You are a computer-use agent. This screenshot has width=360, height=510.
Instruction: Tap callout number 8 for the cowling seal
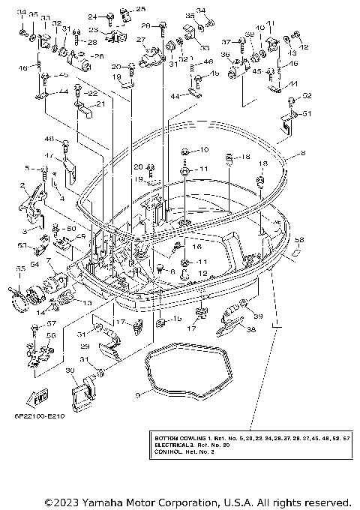[302, 153]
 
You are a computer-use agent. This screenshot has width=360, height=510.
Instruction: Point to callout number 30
[69, 370]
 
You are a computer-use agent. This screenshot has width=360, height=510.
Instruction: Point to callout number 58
[298, 240]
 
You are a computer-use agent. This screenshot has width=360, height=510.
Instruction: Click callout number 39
[259, 317]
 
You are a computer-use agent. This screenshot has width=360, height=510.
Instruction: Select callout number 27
[141, 39]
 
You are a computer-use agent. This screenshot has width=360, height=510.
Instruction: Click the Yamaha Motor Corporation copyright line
[198, 501]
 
